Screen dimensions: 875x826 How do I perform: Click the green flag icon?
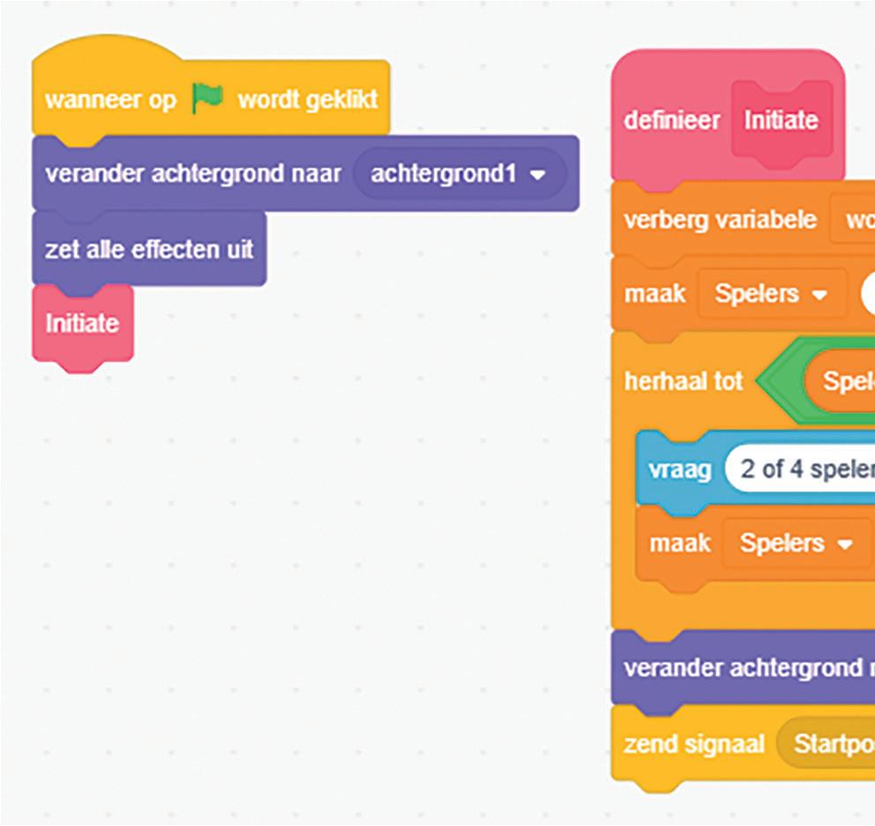208,100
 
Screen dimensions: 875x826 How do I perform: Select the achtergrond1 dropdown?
457,174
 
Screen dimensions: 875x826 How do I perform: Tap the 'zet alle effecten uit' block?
149,249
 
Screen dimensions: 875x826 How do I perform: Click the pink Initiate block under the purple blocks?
82,324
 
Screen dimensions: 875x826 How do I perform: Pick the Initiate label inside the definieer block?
781,120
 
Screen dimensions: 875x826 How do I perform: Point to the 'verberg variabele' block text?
720,220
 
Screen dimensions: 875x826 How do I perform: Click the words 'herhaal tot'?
684,382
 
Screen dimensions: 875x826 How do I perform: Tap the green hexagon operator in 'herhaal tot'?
781,382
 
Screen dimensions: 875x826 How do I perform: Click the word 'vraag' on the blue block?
679,468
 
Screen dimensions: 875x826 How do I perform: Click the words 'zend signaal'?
692,743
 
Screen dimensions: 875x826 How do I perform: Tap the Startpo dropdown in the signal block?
829,743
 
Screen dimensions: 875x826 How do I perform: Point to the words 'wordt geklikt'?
307,100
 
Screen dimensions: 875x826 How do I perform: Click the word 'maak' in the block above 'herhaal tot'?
654,294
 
